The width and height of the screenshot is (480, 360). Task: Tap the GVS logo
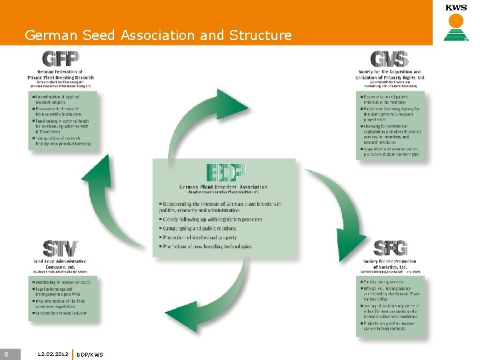[390, 59]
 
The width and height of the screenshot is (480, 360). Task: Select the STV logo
[61, 249]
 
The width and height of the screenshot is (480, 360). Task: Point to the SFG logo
[390, 249]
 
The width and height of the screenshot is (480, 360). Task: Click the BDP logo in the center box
[226, 173]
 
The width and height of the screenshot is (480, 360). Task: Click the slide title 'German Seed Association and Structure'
[158, 35]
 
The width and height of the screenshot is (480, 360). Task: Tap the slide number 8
[6, 353]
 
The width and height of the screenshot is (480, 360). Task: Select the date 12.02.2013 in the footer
[52, 353]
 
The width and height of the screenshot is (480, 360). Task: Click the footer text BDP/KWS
[91, 354]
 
